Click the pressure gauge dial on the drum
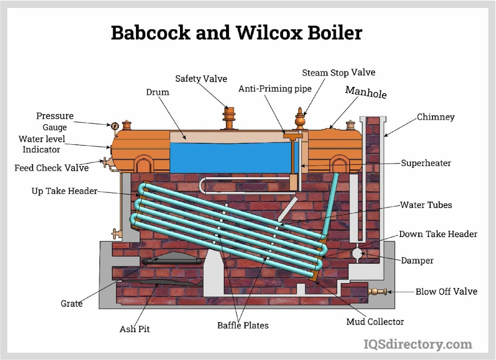click(x=115, y=126)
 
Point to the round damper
click(x=357, y=253)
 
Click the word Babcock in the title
click(x=150, y=33)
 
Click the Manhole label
click(x=366, y=92)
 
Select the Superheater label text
click(x=426, y=163)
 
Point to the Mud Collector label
click(x=375, y=322)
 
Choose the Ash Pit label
click(x=135, y=329)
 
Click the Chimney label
click(x=436, y=117)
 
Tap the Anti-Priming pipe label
click(x=275, y=89)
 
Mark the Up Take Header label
click(x=64, y=191)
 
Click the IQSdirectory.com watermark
click(x=418, y=344)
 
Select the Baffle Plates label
click(x=243, y=325)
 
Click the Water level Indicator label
click(x=42, y=144)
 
